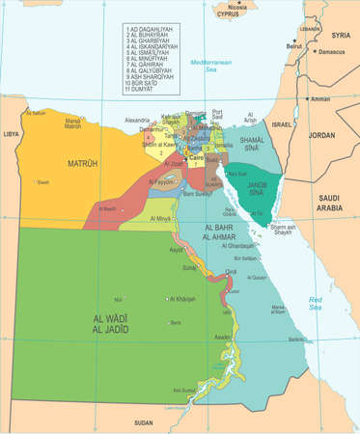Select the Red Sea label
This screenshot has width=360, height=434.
click(x=317, y=303)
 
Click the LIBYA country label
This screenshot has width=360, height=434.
click(x=11, y=135)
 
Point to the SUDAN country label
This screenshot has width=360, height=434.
click(x=143, y=422)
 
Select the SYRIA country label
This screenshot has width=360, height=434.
click(x=339, y=35)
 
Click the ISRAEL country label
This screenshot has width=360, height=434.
click(x=280, y=125)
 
